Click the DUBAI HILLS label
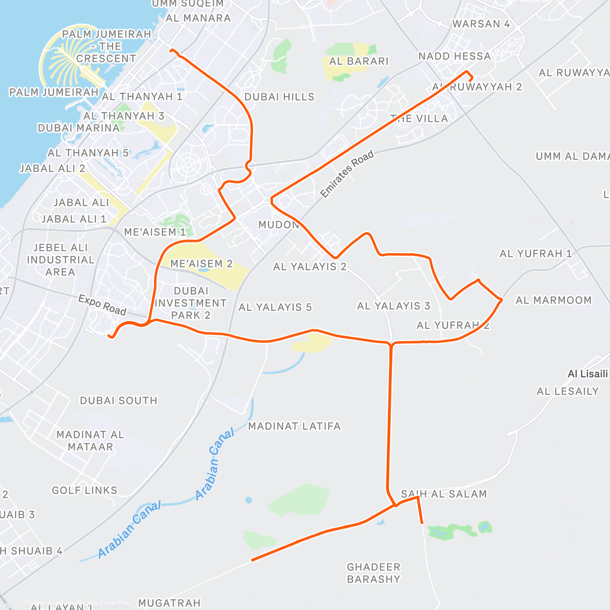[279, 97]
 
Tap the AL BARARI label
[358, 62]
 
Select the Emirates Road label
[347, 174]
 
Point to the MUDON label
[278, 225]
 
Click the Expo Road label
[102, 305]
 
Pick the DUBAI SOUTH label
[118, 401]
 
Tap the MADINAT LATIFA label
[294, 426]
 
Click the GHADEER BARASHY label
[374, 573]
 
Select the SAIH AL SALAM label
[444, 494]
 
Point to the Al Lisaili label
[587, 374]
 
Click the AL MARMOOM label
[554, 300]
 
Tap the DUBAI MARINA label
[79, 128]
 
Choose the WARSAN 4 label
[481, 24]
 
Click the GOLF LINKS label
[84, 491]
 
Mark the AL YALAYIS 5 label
[275, 308]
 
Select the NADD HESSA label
[454, 56]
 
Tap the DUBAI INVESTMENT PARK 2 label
[191, 303]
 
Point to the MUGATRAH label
[169, 603]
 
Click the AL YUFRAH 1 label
[536, 254]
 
